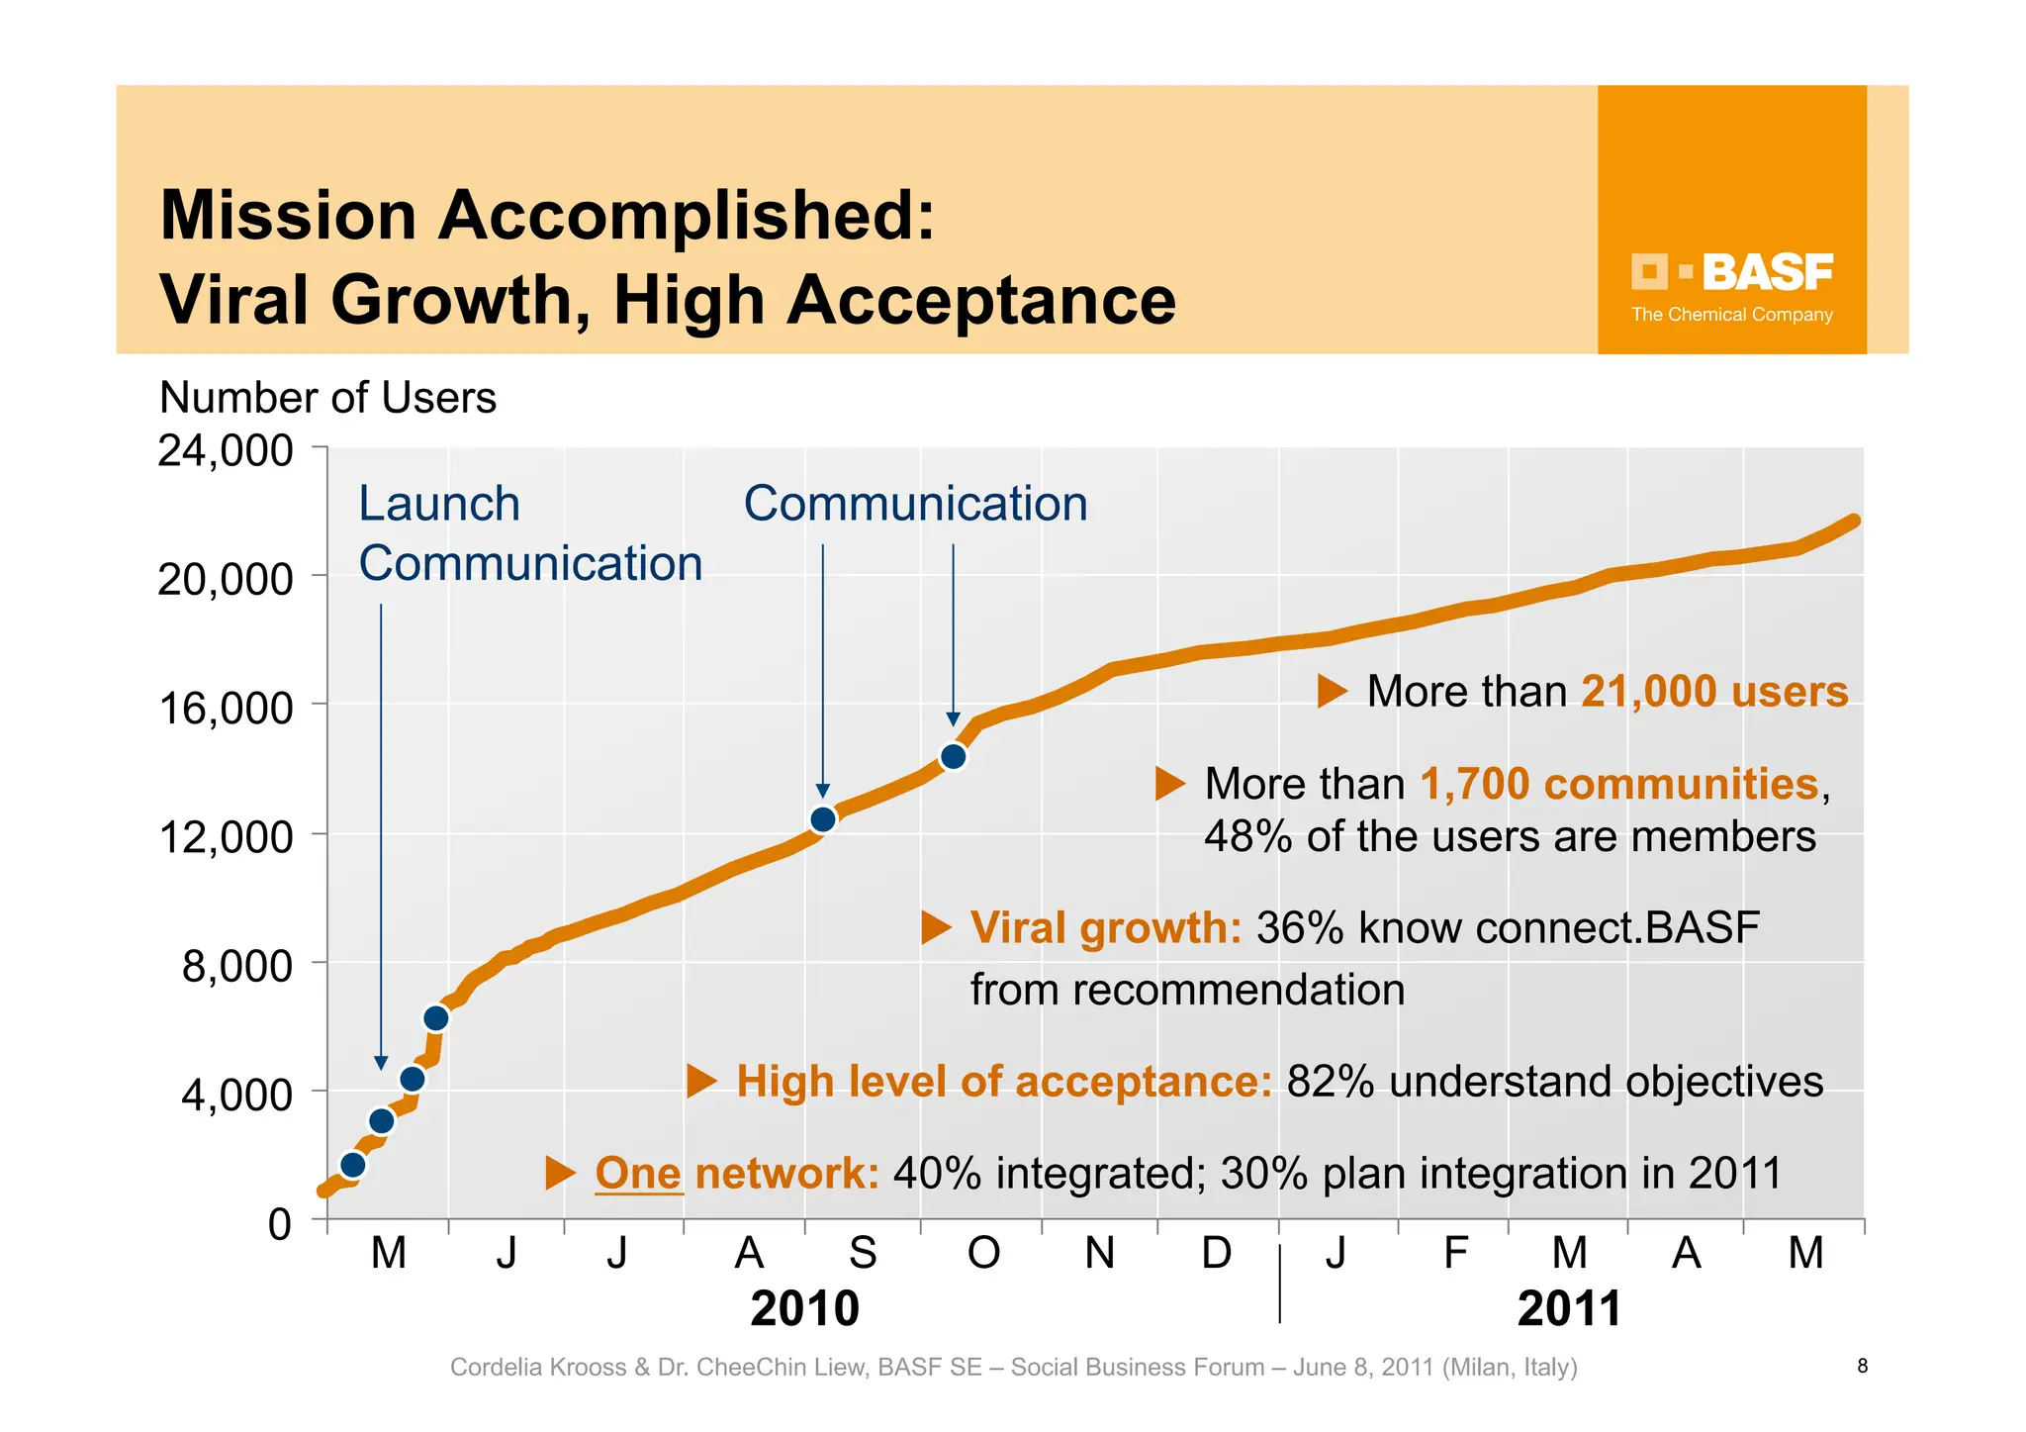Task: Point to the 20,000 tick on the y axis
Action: coord(226,579)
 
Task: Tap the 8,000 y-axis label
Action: coord(237,966)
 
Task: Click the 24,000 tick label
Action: coord(226,450)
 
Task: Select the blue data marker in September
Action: coord(823,819)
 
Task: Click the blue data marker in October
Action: coord(953,757)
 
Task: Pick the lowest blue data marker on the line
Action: coord(353,1166)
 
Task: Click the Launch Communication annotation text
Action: coord(529,533)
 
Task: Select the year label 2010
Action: coord(804,1308)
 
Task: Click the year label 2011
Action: coord(1569,1308)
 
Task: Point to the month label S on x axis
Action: coord(863,1254)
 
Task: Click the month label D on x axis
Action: coord(1216,1254)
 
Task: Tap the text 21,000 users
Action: coord(1713,692)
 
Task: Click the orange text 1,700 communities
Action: coord(1619,784)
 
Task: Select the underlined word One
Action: coord(638,1174)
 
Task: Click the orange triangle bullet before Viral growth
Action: coord(935,928)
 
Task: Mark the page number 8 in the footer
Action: coord(1862,1367)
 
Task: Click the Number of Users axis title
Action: coord(327,398)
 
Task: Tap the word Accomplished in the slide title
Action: coord(685,215)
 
